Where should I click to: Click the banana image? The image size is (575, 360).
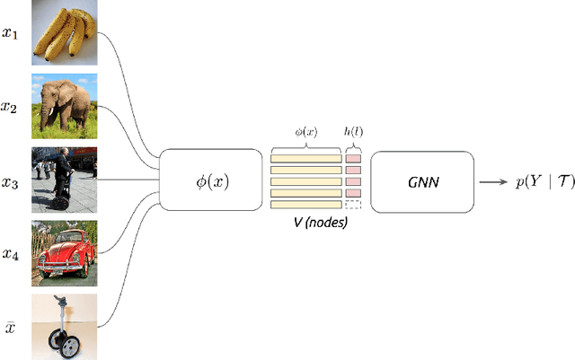coord(64,32)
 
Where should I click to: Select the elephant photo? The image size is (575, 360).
coord(64,106)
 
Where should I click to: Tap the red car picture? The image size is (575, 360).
coord(64,253)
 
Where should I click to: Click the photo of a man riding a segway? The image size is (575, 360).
coord(64,180)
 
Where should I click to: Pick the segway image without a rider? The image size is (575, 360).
coord(64,326)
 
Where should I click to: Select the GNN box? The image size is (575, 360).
coord(420,181)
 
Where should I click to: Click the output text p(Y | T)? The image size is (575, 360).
coord(535,181)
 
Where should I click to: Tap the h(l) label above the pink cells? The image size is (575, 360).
coord(353,131)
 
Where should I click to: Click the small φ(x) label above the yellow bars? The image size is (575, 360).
coord(306,131)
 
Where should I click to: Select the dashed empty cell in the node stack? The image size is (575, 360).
coord(353,204)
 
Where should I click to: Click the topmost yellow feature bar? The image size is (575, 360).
coord(306,158)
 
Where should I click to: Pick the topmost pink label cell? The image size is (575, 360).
coord(353,158)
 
